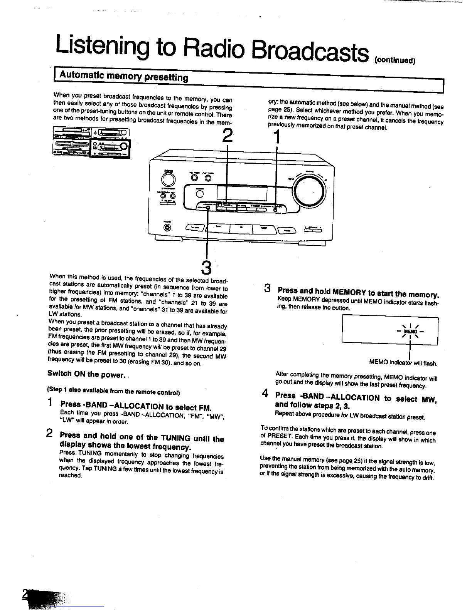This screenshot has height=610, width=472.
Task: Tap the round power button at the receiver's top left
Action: coord(167,180)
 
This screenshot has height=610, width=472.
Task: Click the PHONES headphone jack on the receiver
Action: coord(167,228)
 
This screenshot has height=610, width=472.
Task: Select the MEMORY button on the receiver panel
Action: coord(208,208)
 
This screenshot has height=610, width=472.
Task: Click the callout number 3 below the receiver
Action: coord(207,268)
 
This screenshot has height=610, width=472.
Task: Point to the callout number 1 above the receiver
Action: coord(276,137)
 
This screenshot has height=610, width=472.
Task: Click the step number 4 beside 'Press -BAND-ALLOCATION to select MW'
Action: coord(265,394)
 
